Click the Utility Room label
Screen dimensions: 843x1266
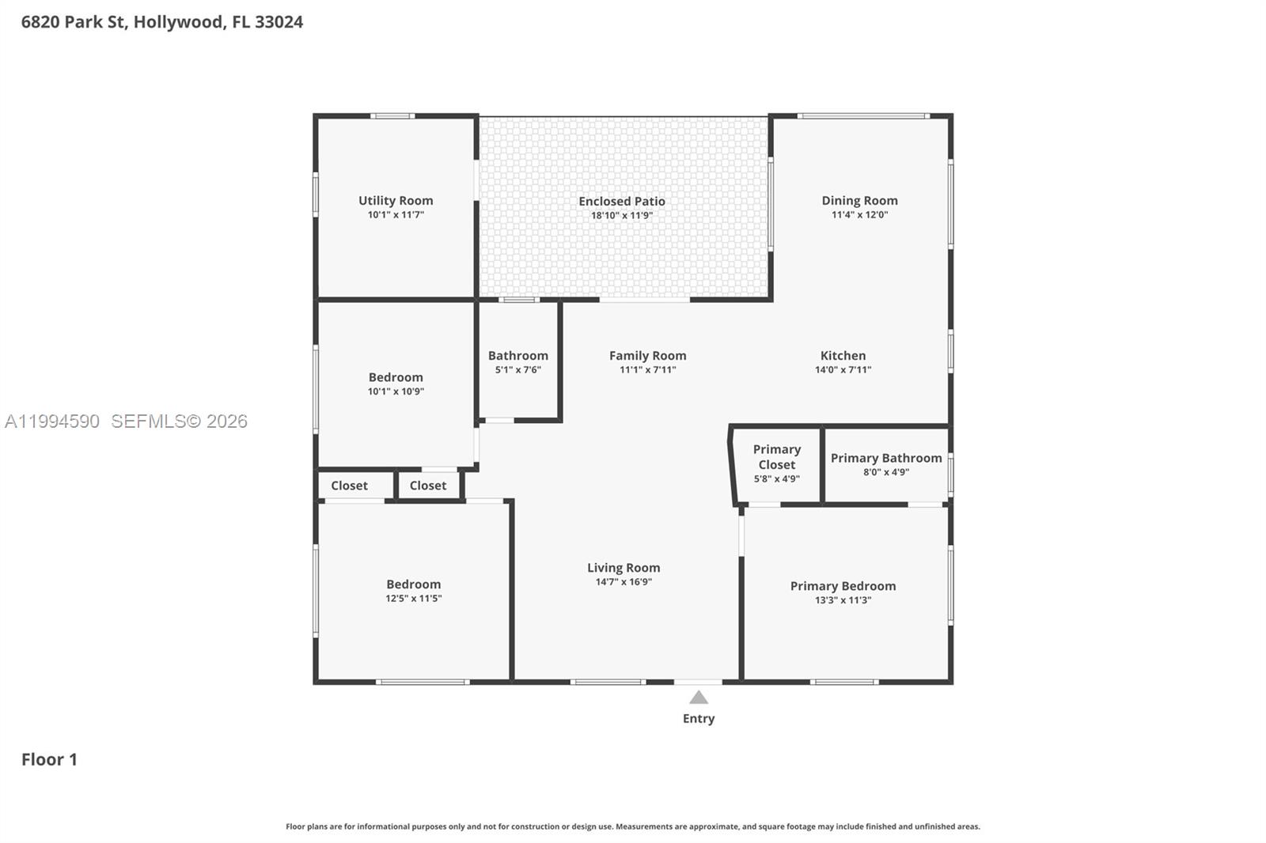(396, 201)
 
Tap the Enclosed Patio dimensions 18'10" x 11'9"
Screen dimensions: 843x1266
(621, 215)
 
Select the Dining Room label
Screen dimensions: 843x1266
(859, 201)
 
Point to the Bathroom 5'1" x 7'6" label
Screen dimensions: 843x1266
(517, 361)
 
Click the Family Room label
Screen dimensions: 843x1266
(647, 356)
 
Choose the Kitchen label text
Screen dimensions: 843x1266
(843, 356)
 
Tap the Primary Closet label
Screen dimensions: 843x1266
(776, 457)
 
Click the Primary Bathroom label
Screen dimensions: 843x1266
(885, 459)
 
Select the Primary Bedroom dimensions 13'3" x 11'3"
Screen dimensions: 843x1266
(843, 600)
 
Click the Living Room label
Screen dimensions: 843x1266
(624, 568)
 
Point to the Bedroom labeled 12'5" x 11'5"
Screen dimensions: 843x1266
(413, 585)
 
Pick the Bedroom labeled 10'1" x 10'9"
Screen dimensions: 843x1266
(396, 378)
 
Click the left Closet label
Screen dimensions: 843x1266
(349, 486)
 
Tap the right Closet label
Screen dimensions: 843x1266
(428, 486)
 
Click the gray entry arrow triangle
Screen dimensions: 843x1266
(699, 697)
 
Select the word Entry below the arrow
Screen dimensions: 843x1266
(699, 718)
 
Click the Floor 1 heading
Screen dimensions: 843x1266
(49, 759)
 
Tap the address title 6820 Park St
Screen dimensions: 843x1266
(161, 22)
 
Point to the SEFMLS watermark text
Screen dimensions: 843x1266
(178, 421)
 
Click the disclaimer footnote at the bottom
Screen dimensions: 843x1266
(632, 826)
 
